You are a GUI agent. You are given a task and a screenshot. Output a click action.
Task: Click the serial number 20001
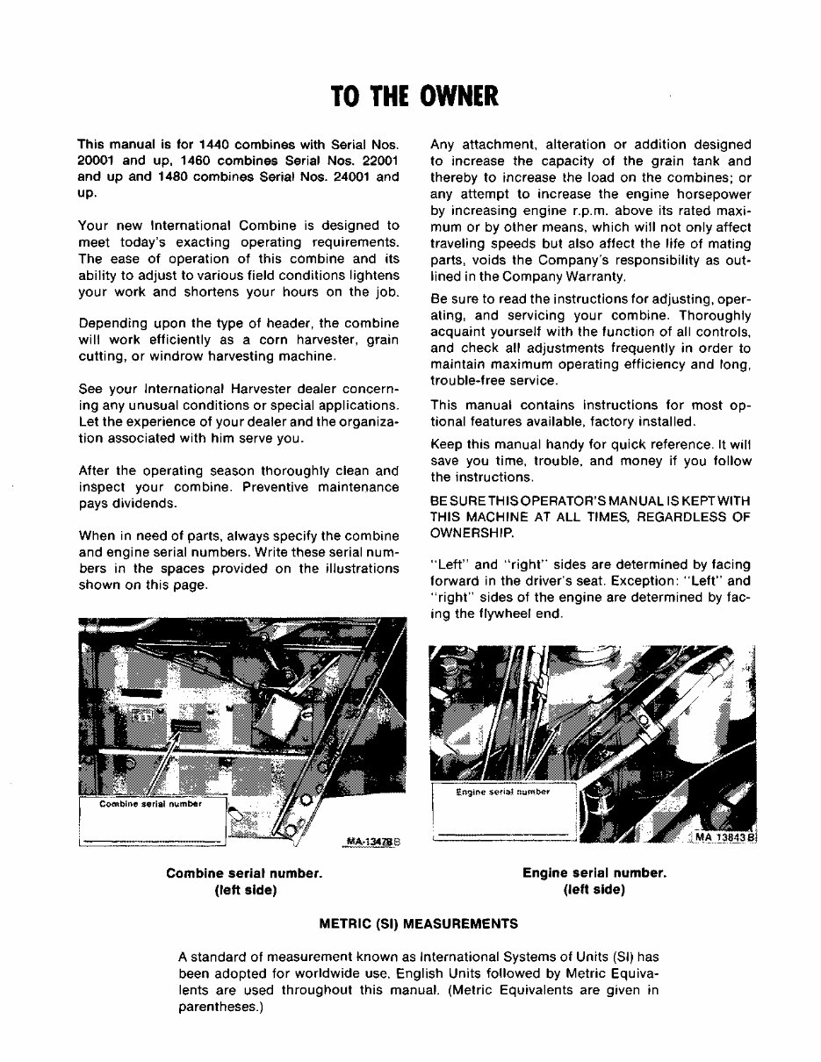[x=97, y=161]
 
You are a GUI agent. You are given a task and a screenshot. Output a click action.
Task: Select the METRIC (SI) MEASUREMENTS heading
[x=417, y=923]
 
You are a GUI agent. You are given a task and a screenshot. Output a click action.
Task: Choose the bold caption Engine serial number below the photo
[x=594, y=873]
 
